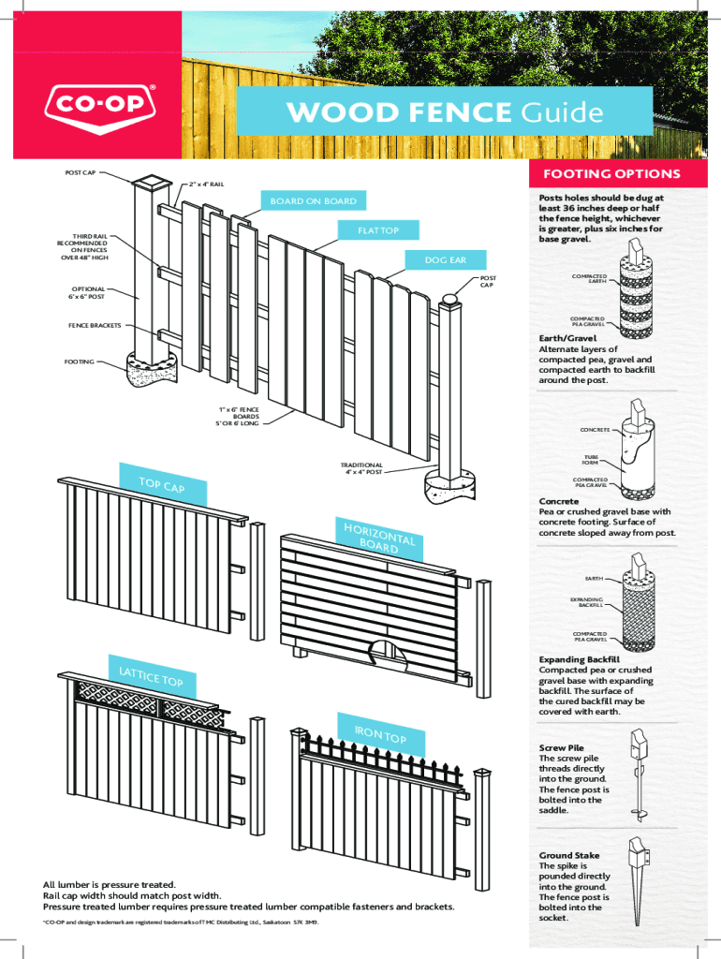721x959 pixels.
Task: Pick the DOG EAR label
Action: pyautogui.click(x=447, y=259)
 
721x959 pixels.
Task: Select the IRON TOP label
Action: pyautogui.click(x=380, y=735)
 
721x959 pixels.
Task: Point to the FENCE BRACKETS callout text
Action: pyautogui.click(x=95, y=326)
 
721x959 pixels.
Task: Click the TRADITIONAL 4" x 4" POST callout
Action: pyautogui.click(x=361, y=468)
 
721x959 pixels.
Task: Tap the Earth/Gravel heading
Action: pyautogui.click(x=567, y=338)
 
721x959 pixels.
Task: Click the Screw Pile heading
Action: pyautogui.click(x=562, y=748)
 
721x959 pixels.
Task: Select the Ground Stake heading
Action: pyautogui.click(x=568, y=855)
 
